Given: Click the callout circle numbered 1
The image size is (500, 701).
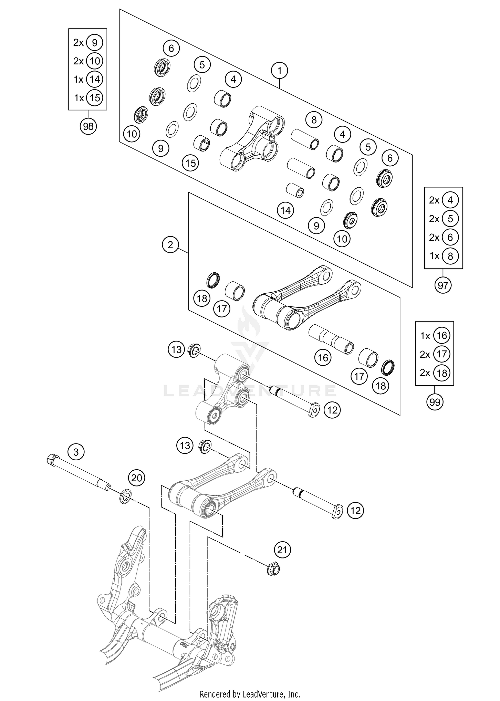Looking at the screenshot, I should (x=279, y=71).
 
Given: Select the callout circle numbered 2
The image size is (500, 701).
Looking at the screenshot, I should (x=170, y=245).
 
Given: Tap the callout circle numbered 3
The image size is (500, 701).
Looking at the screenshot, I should (x=76, y=452).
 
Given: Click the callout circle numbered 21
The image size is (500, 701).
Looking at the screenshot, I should (x=282, y=550).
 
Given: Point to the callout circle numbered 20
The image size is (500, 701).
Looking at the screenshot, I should (x=137, y=478).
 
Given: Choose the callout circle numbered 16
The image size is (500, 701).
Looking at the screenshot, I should (x=323, y=358).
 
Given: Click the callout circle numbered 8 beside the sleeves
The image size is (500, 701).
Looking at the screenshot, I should (x=314, y=120).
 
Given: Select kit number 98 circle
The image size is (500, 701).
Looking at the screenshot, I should (x=88, y=127).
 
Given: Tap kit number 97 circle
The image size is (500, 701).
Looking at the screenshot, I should (x=443, y=285).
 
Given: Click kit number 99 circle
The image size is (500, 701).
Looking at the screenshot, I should (x=435, y=402).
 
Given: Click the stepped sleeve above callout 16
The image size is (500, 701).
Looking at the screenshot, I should (x=331, y=339).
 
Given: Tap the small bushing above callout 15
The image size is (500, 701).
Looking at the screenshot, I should (x=202, y=143).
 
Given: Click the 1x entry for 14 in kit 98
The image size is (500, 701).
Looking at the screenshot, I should (x=88, y=79).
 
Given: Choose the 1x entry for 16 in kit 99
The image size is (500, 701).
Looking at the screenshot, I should (x=435, y=336).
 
